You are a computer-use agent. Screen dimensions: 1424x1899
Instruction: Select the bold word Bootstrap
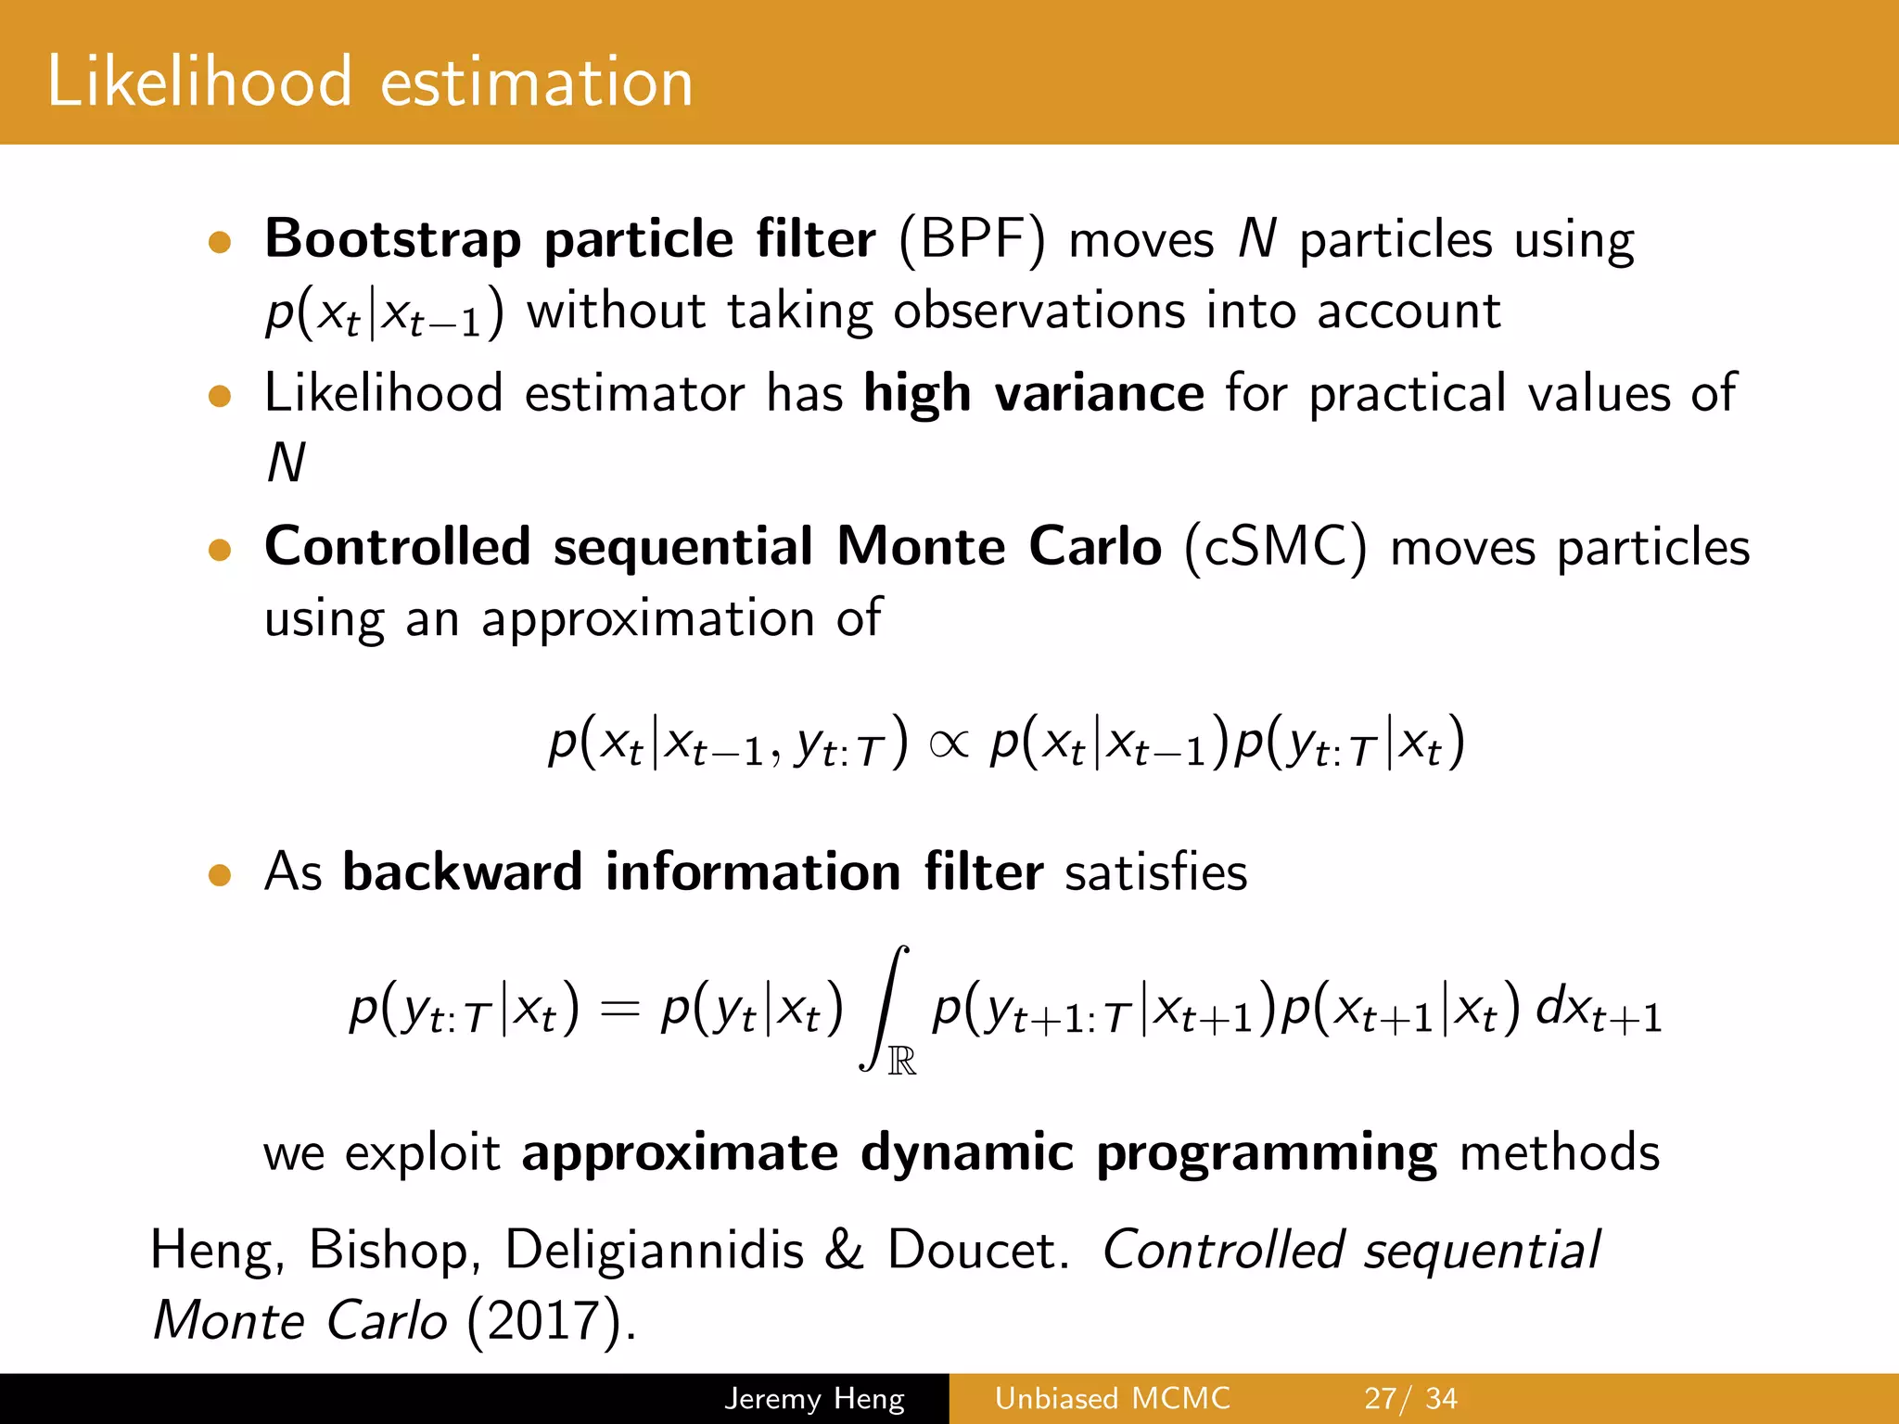pos(393,239)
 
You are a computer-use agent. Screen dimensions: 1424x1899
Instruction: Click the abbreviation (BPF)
pos(972,239)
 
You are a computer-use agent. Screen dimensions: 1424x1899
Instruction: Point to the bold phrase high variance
pos(1033,393)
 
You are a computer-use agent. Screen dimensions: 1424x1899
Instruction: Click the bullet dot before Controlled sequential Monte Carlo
pos(220,550)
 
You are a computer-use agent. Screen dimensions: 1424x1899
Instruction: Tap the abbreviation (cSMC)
pos(1275,547)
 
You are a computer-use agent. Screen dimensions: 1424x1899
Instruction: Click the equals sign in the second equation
pos(619,1010)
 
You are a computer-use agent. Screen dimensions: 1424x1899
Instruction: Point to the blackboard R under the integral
pos(902,1061)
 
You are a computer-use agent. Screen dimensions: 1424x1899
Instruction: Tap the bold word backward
pos(462,872)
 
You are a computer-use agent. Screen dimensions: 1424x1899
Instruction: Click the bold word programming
pos(1267,1154)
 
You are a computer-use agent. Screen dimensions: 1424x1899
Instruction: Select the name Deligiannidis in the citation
pos(654,1250)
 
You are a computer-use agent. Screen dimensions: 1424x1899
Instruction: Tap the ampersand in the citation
pos(844,1250)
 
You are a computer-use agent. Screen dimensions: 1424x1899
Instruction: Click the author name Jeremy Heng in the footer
pos(814,1398)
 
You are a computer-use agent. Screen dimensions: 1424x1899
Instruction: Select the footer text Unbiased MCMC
pos(1112,1398)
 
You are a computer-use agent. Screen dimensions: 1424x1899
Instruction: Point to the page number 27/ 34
pos(1410,1398)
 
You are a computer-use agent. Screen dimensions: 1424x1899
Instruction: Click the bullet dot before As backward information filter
pos(220,875)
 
